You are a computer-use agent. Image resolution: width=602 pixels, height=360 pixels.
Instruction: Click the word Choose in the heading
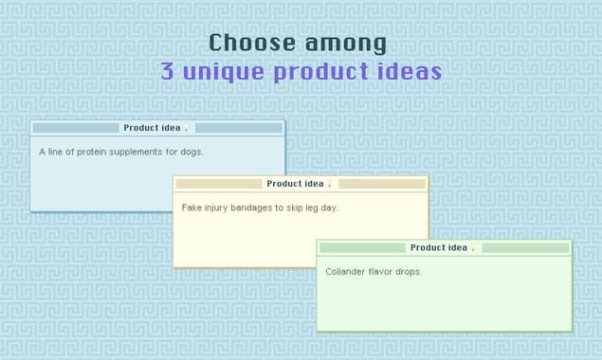click(x=249, y=44)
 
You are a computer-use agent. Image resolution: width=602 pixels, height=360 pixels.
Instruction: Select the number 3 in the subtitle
click(x=167, y=72)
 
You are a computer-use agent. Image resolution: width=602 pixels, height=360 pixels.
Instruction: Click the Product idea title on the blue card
click(x=152, y=128)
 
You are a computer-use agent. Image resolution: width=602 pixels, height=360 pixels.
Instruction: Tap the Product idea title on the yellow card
click(x=295, y=184)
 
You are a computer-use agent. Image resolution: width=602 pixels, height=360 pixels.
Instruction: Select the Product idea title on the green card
click(x=438, y=247)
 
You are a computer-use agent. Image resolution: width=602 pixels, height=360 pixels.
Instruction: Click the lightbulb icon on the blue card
click(x=187, y=128)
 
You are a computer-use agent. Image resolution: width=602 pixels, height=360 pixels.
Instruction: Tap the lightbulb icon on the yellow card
click(x=330, y=184)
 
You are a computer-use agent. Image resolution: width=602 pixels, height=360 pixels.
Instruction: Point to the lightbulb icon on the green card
click(x=473, y=248)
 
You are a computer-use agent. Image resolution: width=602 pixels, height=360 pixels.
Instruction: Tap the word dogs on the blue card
click(x=192, y=152)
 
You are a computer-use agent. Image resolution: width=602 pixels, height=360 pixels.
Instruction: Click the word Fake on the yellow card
click(x=192, y=207)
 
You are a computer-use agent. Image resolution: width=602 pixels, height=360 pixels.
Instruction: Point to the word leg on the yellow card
click(x=313, y=207)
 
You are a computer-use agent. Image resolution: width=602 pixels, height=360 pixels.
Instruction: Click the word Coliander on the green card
click(x=346, y=272)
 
